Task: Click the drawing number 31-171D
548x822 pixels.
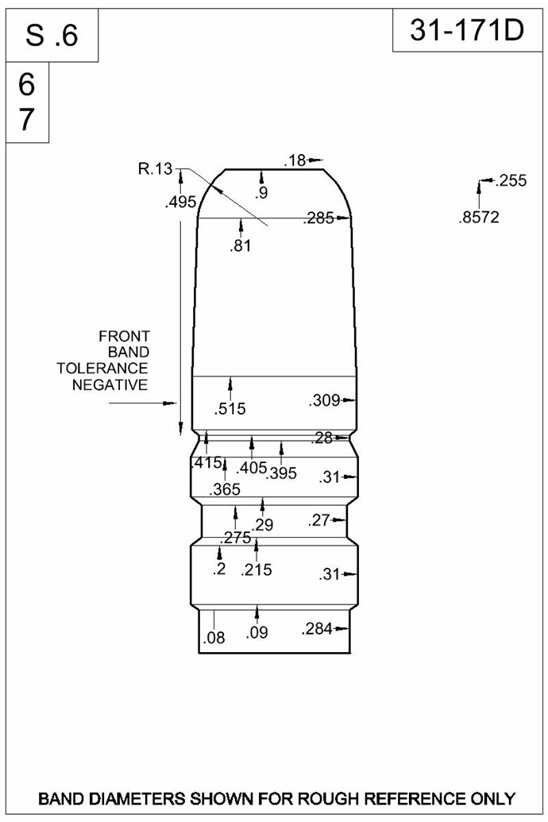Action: click(x=467, y=31)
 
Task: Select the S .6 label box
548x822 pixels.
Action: click(x=52, y=36)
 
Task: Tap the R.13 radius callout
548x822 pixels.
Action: click(x=155, y=169)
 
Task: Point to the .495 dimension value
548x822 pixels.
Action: click(x=180, y=202)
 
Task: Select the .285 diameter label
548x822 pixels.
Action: click(x=318, y=218)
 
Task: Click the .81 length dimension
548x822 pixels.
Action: click(x=240, y=245)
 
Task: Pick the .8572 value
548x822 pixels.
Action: click(x=479, y=217)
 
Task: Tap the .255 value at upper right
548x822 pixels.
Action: click(x=511, y=181)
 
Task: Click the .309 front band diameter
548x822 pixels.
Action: click(x=324, y=401)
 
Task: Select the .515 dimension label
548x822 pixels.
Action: click(x=230, y=409)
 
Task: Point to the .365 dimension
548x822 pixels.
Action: click(x=225, y=490)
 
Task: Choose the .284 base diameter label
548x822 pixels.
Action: click(x=317, y=628)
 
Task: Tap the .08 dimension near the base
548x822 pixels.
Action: click(x=214, y=638)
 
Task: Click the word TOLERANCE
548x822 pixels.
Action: click(x=102, y=369)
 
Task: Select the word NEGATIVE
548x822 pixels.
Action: click(x=110, y=385)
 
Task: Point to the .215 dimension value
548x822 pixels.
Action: click(x=257, y=570)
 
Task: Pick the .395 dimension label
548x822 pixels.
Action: click(x=282, y=473)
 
